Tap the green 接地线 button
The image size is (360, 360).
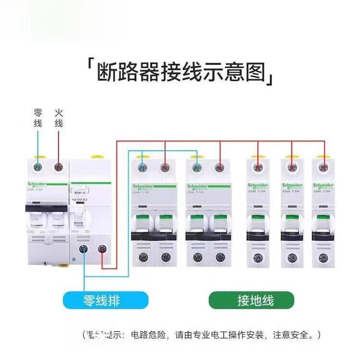click(250, 301)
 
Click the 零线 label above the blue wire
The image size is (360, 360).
click(38, 118)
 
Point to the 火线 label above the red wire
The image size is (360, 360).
click(59, 118)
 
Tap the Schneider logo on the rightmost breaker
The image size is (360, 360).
click(323, 185)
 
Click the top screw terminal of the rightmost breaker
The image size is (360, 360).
click(323, 168)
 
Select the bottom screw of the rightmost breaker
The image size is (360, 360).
click(323, 257)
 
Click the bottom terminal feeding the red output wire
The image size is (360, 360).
click(102, 250)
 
